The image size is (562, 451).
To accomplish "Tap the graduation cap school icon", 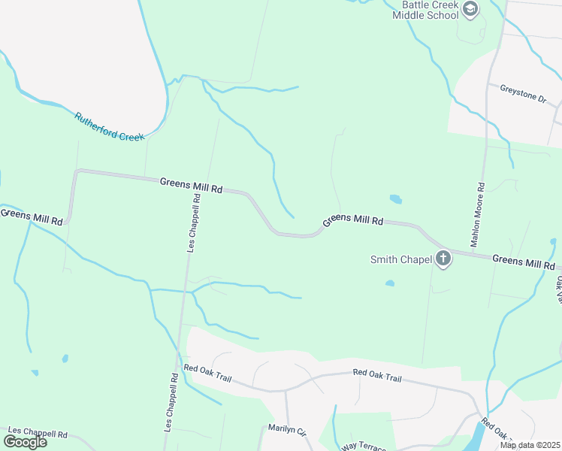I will (471, 9).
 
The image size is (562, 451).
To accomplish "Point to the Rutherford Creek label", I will (109, 128).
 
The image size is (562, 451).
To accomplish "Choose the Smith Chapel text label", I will (401, 260).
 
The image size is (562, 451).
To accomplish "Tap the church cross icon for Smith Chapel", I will (443, 259).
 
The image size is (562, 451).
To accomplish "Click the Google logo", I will (25, 442).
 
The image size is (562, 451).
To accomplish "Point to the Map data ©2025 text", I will (530, 445).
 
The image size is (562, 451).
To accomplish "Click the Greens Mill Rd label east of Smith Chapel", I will (524, 262).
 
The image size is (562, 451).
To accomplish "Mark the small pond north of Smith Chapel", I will (396, 199).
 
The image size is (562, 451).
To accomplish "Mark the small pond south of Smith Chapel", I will (390, 283).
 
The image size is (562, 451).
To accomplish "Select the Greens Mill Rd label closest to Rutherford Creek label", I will (191, 186).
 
